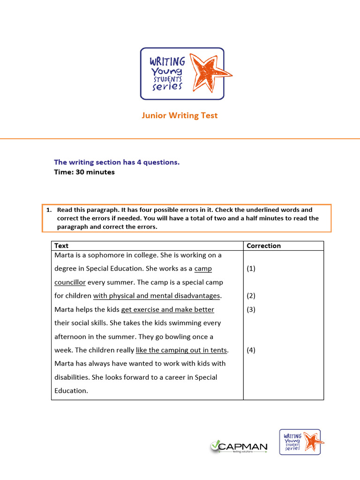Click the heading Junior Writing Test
[180, 115]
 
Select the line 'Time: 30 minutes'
[84, 172]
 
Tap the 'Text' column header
[61, 246]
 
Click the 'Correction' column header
[263, 246]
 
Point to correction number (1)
[251, 269]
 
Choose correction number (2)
[251, 296]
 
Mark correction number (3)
[251, 309]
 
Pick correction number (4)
[251, 350]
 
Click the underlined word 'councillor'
[70, 282]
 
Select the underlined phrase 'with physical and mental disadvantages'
[157, 296]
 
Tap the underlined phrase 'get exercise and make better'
[167, 309]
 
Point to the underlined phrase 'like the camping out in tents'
[181, 350]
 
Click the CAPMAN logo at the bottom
[239, 447]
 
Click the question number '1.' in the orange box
[49, 210]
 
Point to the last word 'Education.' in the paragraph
[71, 390]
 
